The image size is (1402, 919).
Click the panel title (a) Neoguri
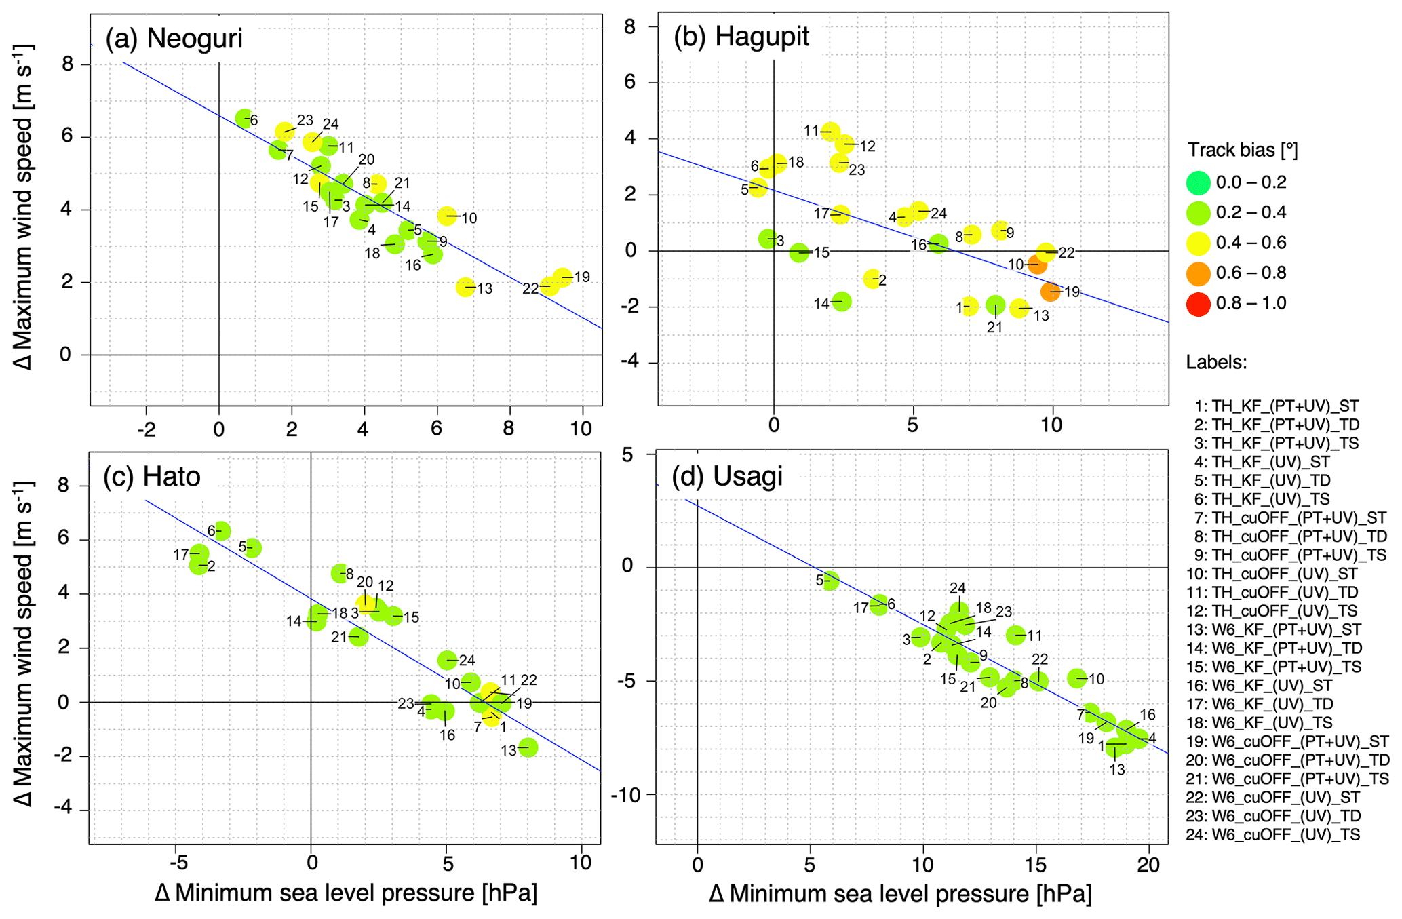174,39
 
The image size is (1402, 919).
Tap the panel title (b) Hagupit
741,37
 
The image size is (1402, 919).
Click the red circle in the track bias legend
1199,303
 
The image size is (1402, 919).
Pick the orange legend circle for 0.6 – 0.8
1199,273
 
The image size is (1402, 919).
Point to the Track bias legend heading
1242,150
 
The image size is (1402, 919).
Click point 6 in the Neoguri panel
244,118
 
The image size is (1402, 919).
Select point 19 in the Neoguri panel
562,277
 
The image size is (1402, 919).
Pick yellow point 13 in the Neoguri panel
465,287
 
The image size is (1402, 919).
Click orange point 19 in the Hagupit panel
1051,292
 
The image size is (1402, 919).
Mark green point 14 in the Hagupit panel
842,302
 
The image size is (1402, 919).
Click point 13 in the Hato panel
528,747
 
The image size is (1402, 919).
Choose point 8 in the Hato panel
338,574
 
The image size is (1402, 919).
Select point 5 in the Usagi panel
831,581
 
